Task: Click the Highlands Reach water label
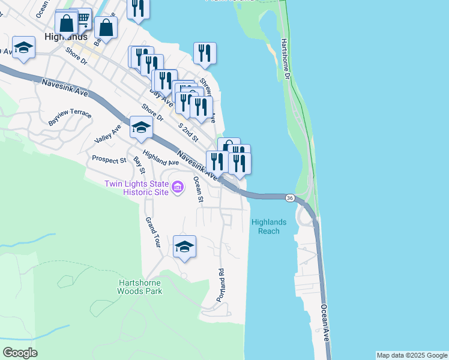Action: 268,226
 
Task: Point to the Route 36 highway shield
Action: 290,198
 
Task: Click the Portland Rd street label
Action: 221,284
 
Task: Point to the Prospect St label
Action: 109,160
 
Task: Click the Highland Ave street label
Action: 161,158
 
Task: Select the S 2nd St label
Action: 188,133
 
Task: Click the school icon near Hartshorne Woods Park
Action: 184,247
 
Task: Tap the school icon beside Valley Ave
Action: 140,128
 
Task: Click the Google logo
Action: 20,353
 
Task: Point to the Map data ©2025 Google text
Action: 412,355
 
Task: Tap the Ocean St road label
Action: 199,190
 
